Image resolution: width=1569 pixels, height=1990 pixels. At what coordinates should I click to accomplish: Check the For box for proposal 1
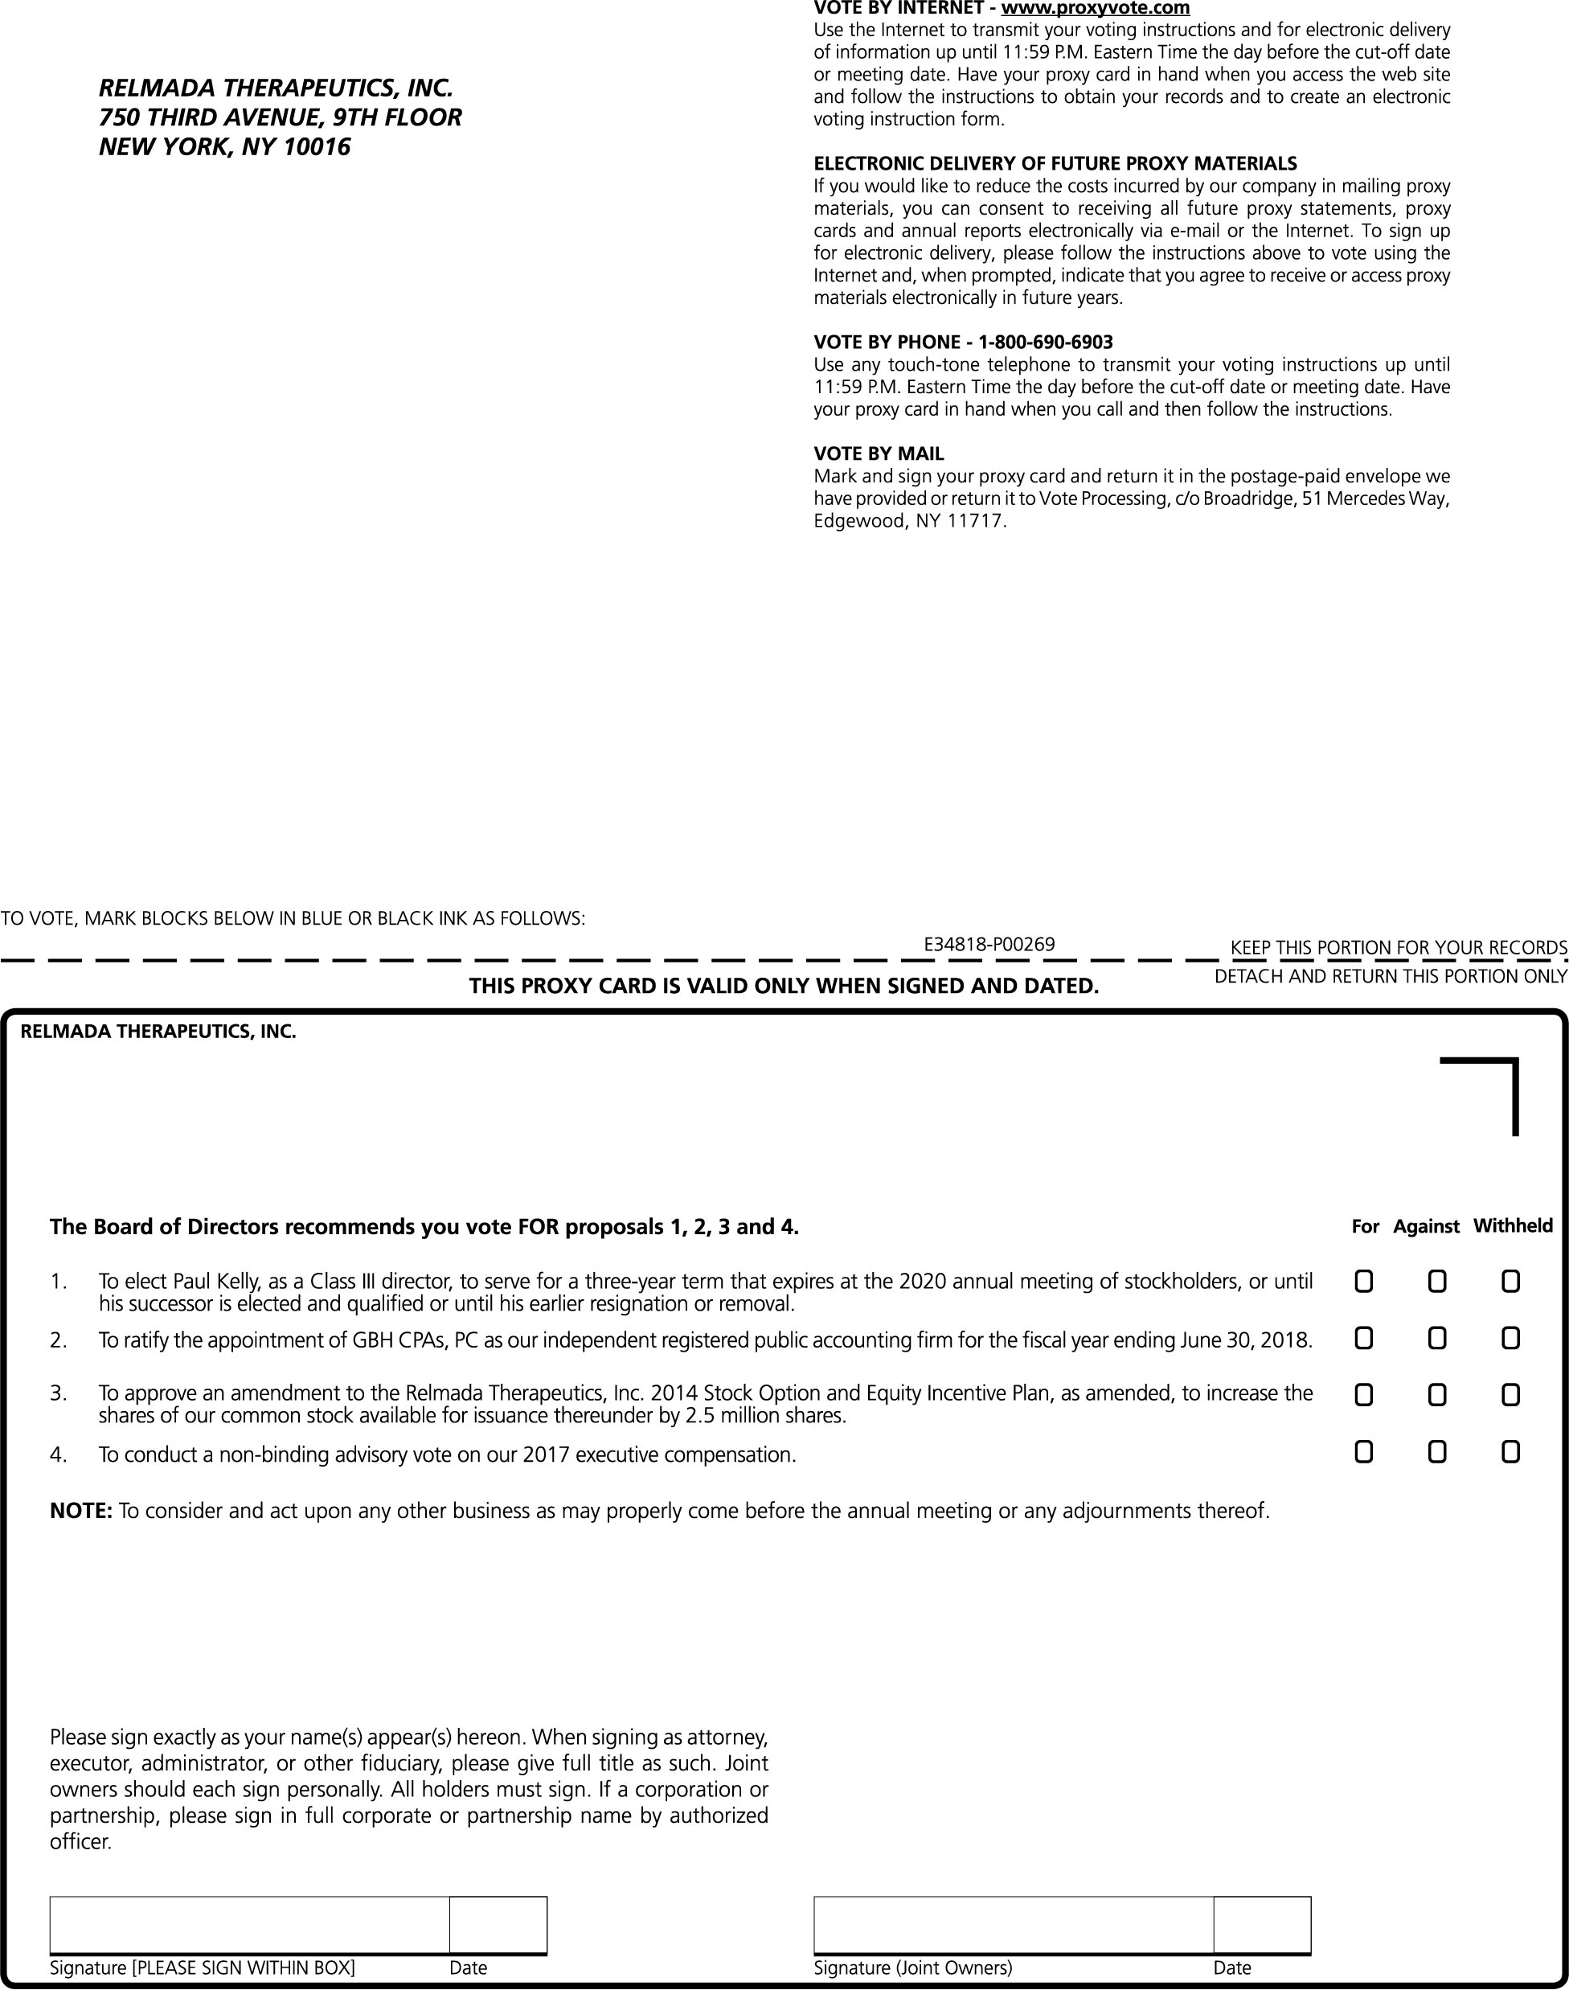point(1364,1281)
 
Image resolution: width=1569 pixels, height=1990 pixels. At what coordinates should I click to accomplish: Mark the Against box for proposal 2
point(1436,1339)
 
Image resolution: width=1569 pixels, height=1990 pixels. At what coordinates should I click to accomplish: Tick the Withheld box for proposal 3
point(1510,1396)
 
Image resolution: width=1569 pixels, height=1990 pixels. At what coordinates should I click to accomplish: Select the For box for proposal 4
point(1364,1453)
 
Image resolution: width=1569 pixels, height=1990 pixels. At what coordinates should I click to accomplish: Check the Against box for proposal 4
point(1436,1453)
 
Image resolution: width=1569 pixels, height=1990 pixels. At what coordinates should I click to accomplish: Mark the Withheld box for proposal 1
point(1510,1281)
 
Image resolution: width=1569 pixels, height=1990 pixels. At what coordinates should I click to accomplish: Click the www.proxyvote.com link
point(1095,8)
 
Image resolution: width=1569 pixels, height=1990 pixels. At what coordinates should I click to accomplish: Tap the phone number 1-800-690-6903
point(1046,343)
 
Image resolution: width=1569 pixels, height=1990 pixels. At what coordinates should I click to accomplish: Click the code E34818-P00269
point(989,944)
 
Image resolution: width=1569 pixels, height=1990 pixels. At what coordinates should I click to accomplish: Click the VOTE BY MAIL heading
point(879,453)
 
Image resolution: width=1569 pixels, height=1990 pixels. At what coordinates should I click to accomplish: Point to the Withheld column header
point(1513,1225)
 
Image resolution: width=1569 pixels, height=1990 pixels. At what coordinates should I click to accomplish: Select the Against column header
point(1426,1226)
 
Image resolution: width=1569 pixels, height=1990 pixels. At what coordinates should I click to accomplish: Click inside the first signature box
point(249,1924)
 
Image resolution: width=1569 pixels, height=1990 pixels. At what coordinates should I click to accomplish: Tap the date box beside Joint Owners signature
point(1261,1924)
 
